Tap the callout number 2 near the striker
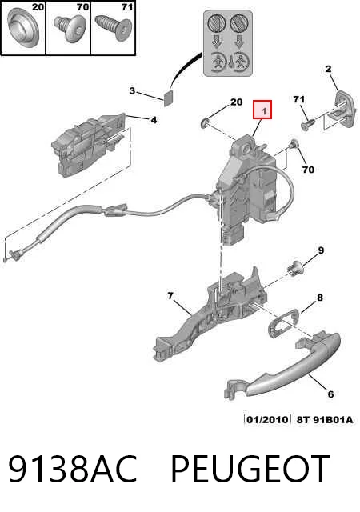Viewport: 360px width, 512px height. (x=328, y=69)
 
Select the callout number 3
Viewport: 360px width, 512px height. (x=132, y=90)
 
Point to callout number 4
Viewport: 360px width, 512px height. (x=154, y=120)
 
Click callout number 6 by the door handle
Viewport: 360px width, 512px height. (x=330, y=394)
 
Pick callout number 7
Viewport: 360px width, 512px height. (x=170, y=296)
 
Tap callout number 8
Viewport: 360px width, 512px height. (x=320, y=298)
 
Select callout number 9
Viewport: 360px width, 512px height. (x=321, y=250)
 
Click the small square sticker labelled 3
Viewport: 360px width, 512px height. (x=168, y=97)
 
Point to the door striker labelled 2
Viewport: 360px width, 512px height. (x=342, y=110)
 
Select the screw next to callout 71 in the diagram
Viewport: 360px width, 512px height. (x=307, y=125)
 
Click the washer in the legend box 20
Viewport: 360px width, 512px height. (x=23, y=27)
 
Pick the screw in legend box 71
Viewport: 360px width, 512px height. (x=112, y=29)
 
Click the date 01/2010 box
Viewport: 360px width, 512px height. (x=267, y=419)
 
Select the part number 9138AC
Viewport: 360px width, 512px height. (x=72, y=469)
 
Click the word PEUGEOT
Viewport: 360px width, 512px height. (x=250, y=469)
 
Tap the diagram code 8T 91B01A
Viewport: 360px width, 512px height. (x=325, y=419)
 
